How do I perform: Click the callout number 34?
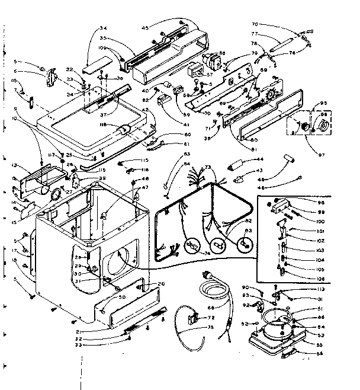pos(104,28)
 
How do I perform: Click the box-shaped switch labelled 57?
pos(195,72)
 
